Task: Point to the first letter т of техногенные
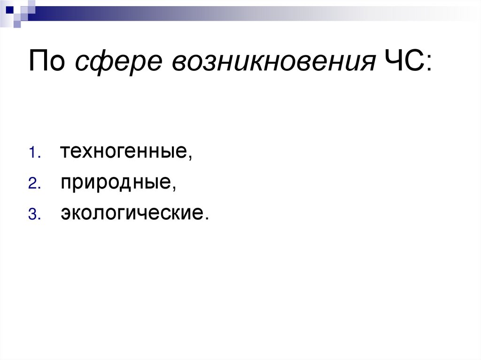pos(64,153)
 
